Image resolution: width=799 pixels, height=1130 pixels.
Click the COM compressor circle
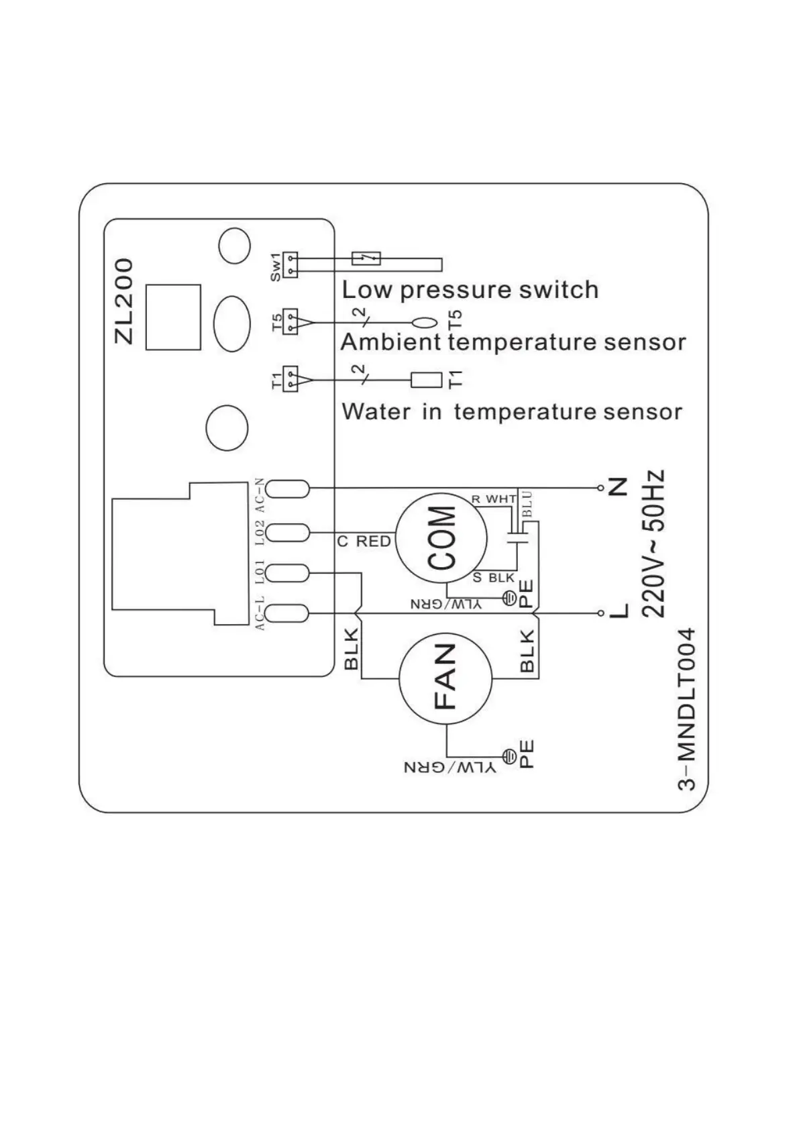click(x=440, y=537)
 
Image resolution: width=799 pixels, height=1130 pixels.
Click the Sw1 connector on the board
click(x=290, y=264)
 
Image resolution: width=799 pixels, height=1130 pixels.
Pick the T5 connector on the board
click(x=290, y=321)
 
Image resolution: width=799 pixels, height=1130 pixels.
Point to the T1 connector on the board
click(x=290, y=379)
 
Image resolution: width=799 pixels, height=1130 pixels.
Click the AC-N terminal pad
click(x=287, y=489)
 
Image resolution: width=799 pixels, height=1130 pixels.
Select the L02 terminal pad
click(x=287, y=533)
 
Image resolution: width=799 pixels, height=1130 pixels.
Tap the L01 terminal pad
click(x=287, y=573)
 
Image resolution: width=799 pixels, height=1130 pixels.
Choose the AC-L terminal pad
click(x=287, y=613)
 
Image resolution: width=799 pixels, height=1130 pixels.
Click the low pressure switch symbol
click(x=366, y=258)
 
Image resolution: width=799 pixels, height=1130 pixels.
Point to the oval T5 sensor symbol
click(x=428, y=323)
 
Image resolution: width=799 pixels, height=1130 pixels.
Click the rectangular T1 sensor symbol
click(x=427, y=380)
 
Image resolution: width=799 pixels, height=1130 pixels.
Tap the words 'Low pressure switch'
click(x=470, y=290)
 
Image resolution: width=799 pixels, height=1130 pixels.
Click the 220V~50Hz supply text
click(x=653, y=543)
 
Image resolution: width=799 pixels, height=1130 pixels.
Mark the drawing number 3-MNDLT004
click(x=686, y=709)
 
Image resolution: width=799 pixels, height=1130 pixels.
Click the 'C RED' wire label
click(x=364, y=542)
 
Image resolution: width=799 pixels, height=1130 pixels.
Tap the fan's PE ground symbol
click(x=509, y=758)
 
